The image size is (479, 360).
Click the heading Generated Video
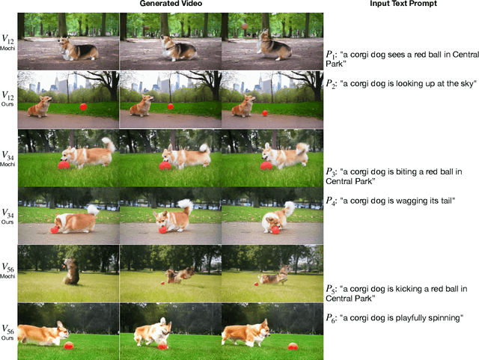[x=171, y=4]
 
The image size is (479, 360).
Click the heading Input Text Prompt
[x=403, y=4]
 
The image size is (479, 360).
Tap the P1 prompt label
[x=331, y=55]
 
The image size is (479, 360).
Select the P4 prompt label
[x=331, y=201]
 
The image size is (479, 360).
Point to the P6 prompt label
[x=331, y=318]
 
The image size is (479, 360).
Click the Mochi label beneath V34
[x=7, y=164]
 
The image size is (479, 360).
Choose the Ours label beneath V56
[x=7, y=338]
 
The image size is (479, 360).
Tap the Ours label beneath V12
[x=7, y=104]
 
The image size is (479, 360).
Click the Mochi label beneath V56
[x=7, y=276]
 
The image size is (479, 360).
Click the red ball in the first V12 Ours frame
[x=83, y=107]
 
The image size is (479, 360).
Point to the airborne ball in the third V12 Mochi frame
[x=245, y=26]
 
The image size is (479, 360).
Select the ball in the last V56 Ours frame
[x=293, y=347]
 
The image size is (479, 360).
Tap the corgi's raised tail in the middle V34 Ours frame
[x=186, y=205]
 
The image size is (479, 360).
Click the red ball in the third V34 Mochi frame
[x=266, y=165]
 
